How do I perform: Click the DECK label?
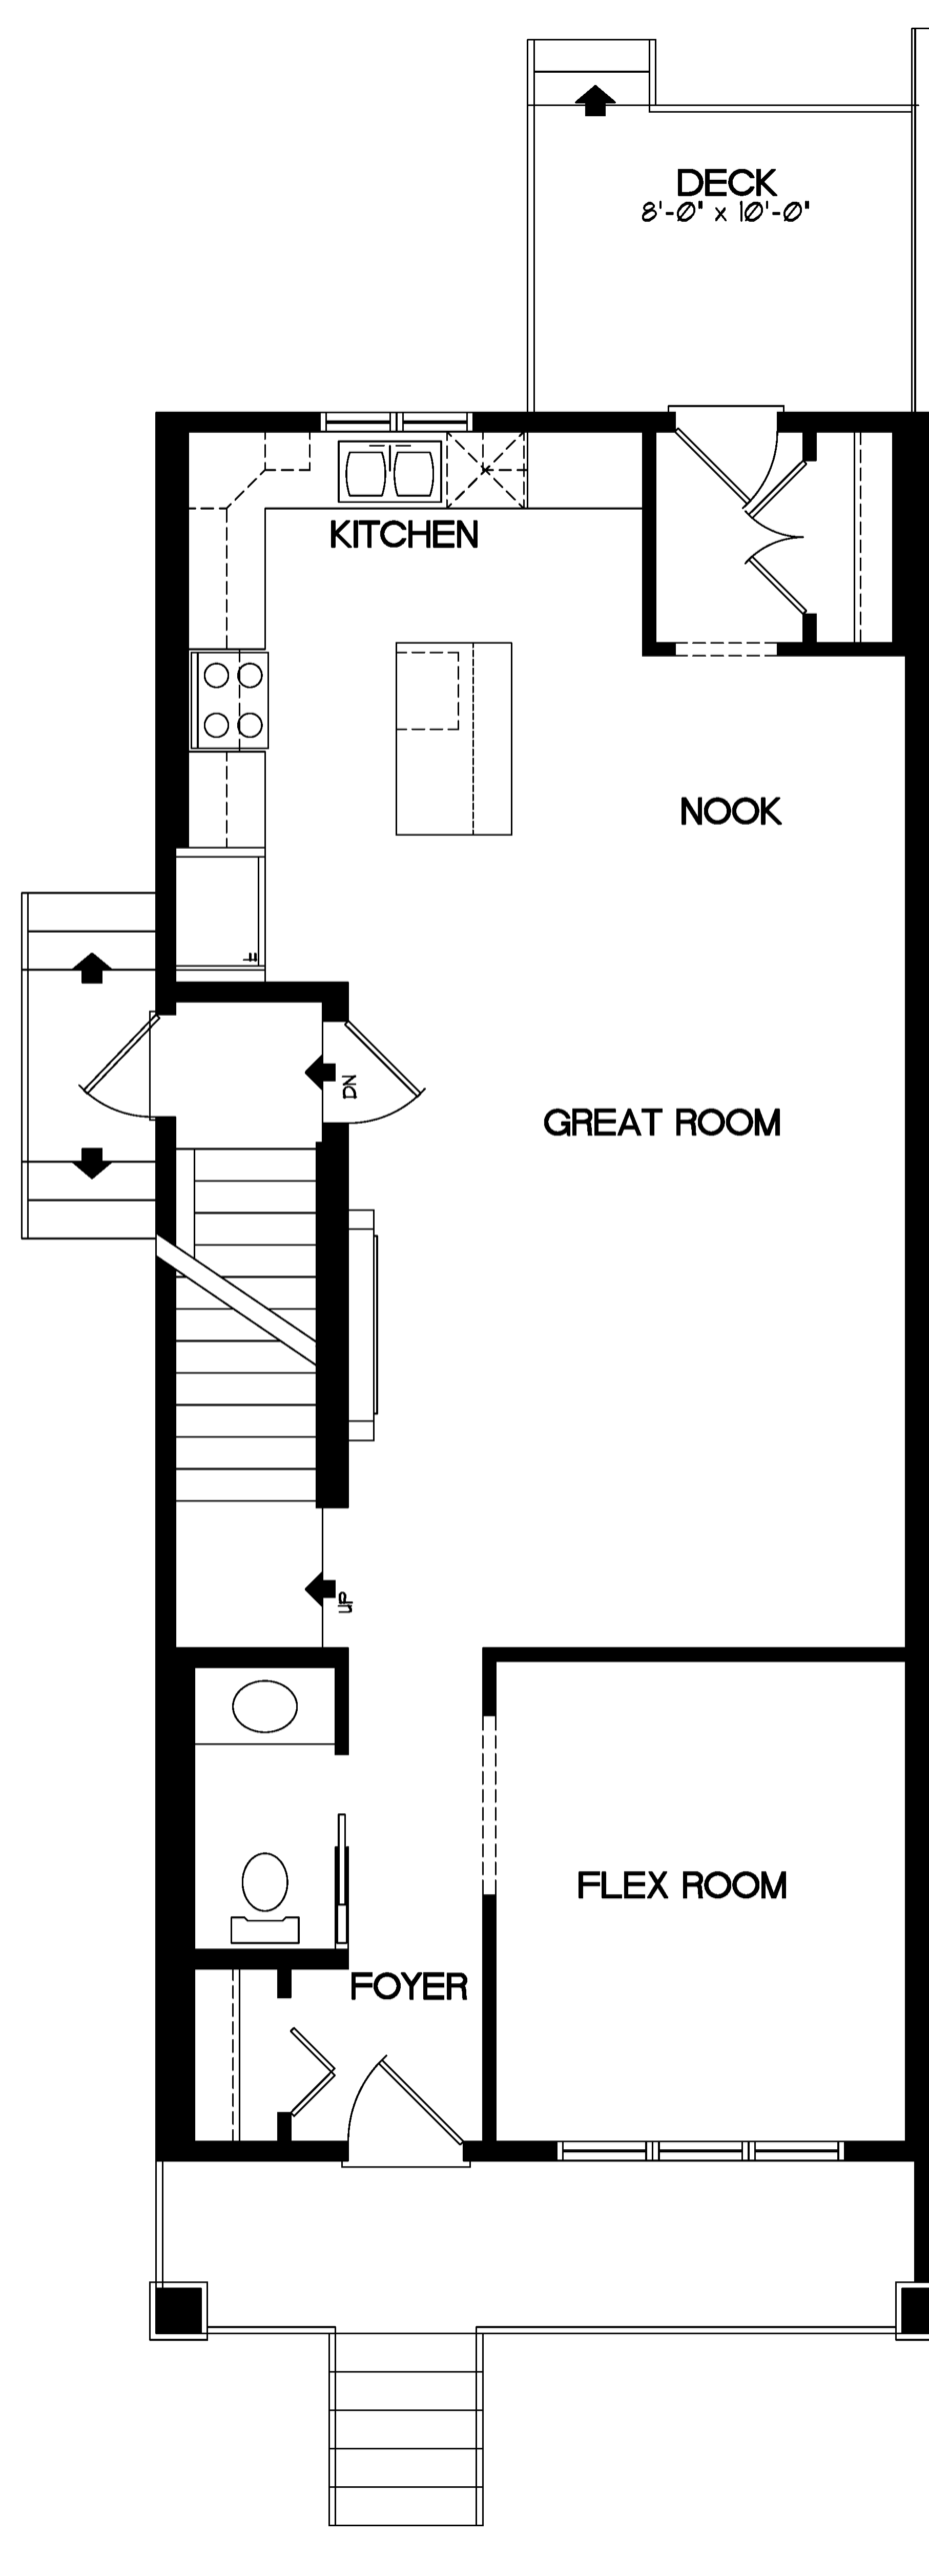click(726, 182)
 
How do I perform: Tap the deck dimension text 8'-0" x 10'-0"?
click(725, 212)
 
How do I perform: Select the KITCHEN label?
click(404, 535)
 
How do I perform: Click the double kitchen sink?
click(390, 471)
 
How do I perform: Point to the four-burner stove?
click(230, 700)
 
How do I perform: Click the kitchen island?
click(454, 739)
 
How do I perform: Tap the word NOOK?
click(731, 811)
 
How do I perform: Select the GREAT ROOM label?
click(662, 1123)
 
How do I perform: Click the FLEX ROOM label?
click(682, 1885)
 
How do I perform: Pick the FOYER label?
click(409, 1986)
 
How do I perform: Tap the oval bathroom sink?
click(265, 1705)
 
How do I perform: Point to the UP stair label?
click(345, 1602)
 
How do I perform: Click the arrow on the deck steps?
click(595, 100)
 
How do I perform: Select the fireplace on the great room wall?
click(362, 1324)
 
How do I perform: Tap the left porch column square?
click(179, 2310)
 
